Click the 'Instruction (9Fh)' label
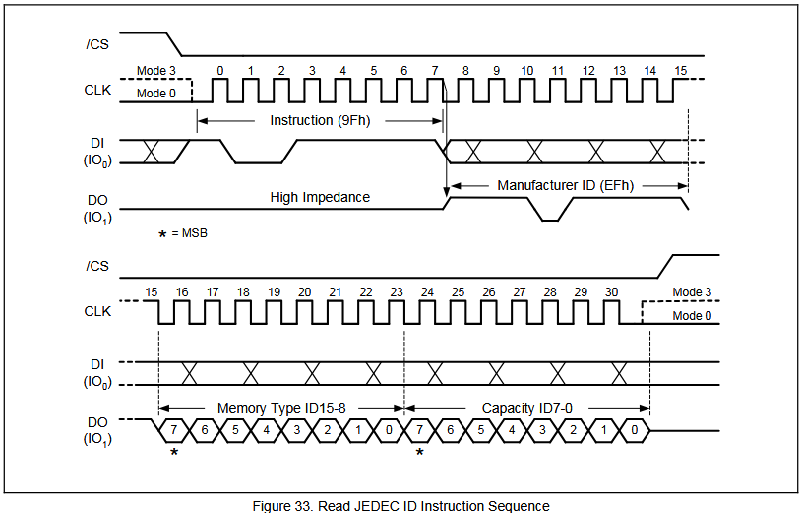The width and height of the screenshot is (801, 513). pos(320,120)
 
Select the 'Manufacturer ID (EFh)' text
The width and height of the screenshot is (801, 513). pos(565,184)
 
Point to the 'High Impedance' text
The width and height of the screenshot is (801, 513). pos(320,197)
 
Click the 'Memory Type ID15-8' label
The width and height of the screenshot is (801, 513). pos(280,407)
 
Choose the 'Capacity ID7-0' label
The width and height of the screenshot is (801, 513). pos(526,407)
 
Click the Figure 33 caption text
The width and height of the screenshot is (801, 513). pos(400,505)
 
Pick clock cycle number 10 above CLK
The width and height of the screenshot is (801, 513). pos(527,71)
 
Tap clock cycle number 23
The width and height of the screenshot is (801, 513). pos(397,292)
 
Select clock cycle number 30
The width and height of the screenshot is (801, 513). pos(611,292)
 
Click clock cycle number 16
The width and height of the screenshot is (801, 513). pos(182,292)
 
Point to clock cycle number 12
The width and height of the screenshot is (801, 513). pos(588,71)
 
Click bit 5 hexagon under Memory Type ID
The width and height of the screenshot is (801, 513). pos(235,430)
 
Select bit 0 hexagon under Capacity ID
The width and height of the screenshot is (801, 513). pos(636,430)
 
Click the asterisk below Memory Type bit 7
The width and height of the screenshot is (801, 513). pos(174,452)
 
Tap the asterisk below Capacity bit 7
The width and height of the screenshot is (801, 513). pos(420,452)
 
